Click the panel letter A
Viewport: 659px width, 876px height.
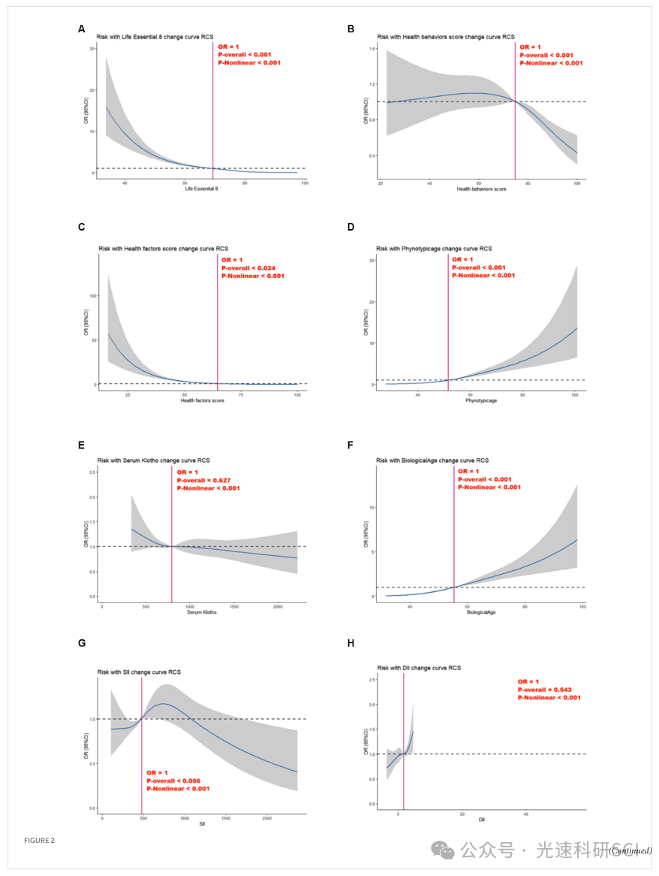coord(82,29)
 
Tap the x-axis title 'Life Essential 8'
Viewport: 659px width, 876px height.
coord(201,189)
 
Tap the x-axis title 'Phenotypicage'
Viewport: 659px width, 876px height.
coord(481,400)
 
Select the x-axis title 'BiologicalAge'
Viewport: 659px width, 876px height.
coord(481,612)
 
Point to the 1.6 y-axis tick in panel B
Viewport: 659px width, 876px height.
coord(372,48)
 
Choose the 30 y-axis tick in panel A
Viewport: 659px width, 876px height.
coord(92,48)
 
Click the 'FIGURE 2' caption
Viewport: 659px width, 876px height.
coord(39,840)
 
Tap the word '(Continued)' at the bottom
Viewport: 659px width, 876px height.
coord(630,850)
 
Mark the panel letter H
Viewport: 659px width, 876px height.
coord(351,644)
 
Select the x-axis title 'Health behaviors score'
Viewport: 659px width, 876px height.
coord(481,189)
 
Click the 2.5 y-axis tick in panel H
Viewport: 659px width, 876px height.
coord(372,680)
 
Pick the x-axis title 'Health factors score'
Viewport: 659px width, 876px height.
coord(203,400)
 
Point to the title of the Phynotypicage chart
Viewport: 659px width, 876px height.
coord(435,248)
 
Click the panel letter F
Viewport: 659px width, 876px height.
coord(351,445)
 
